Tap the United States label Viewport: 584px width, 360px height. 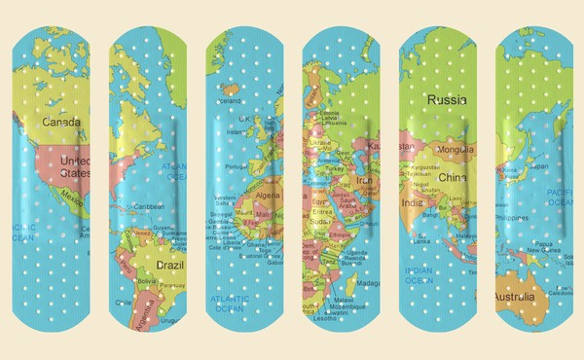74,166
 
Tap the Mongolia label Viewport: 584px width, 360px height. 455,151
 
